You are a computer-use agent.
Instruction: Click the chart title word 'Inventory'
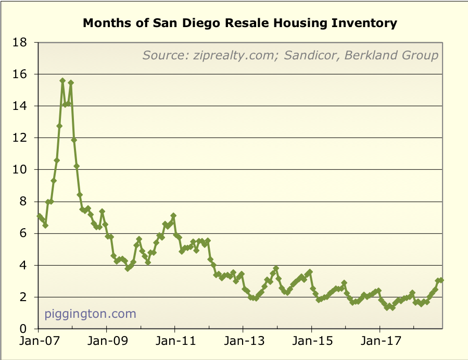367,23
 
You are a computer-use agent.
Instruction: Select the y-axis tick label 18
20,43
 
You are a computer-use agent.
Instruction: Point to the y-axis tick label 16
20,75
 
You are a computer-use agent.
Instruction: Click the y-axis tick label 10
20,170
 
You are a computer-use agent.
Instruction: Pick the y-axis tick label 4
23,266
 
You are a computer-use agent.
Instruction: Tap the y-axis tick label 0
23,329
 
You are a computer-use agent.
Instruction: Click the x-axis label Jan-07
38,343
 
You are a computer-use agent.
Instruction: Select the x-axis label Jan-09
106,343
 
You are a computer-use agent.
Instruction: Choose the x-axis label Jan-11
174,343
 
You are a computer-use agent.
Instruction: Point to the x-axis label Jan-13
243,343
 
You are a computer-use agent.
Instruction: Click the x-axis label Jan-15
311,343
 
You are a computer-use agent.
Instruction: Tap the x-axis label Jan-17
379,343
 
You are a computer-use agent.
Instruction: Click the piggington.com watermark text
90,314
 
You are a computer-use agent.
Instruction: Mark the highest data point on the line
62,81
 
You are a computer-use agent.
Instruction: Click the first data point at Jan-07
39,216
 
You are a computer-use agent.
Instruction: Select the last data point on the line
441,280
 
